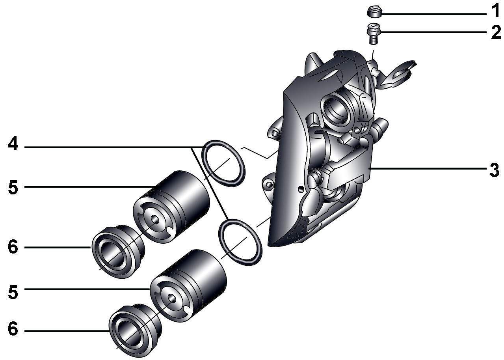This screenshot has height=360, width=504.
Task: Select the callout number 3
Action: (494, 170)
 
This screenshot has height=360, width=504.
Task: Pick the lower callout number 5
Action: (13, 292)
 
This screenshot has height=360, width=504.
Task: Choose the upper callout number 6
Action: (13, 247)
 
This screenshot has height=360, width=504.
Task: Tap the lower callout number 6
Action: (13, 329)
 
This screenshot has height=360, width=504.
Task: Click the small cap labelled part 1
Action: (374, 12)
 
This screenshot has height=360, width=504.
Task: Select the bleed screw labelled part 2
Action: (373, 34)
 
